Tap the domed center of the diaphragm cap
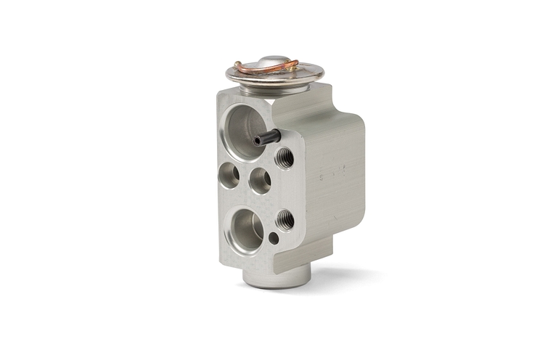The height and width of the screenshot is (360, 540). point(274,60)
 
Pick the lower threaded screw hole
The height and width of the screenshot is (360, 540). point(285,218)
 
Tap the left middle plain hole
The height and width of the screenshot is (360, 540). point(229,175)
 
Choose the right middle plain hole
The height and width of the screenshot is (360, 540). point(260,180)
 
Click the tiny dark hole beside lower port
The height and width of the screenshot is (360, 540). point(273,237)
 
